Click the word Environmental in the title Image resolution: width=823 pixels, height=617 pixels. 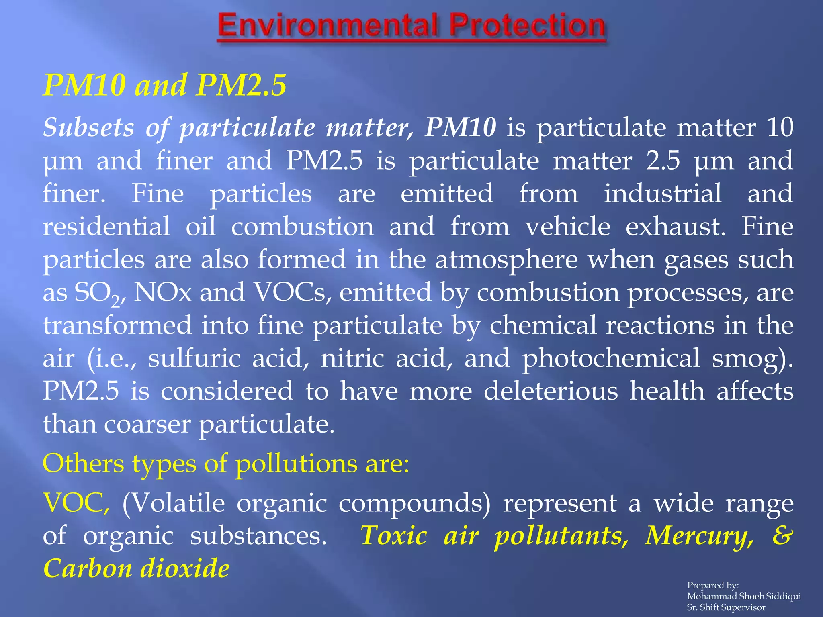click(327, 26)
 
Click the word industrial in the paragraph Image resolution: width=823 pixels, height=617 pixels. click(663, 194)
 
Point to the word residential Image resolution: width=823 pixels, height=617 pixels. click(106, 227)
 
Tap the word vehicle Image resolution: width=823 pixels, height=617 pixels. click(568, 227)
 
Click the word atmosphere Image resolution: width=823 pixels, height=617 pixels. click(507, 260)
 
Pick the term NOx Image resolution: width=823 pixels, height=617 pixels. click(162, 292)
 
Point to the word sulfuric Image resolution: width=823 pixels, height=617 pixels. click(194, 358)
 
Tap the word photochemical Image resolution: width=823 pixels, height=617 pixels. click(611, 358)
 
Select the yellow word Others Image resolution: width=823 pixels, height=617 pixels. click(84, 464)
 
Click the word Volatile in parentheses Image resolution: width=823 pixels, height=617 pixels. click(174, 503)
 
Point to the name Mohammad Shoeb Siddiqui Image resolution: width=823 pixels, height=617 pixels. click(744, 596)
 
